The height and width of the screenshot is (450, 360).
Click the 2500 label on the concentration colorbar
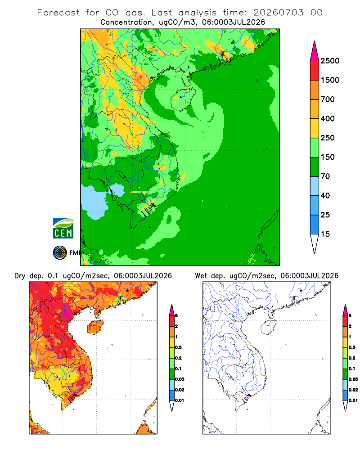point(330,61)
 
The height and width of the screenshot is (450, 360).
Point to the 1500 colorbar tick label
point(330,80)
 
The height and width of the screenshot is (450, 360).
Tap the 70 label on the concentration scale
point(325,176)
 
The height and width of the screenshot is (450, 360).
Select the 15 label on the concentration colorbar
point(325,234)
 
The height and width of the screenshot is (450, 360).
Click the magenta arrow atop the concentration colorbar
point(315,51)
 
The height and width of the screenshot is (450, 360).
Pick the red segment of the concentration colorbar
point(315,71)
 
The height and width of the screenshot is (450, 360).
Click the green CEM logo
point(63,229)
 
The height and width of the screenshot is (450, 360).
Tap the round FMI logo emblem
point(60,253)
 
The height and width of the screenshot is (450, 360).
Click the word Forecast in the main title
point(58,13)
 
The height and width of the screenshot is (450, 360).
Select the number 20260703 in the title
point(278,13)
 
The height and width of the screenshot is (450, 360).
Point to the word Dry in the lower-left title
point(20,276)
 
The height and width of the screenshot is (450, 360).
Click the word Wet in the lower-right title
point(201,276)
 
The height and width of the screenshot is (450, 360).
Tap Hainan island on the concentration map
point(183,99)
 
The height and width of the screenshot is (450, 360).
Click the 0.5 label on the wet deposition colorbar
point(352,347)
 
